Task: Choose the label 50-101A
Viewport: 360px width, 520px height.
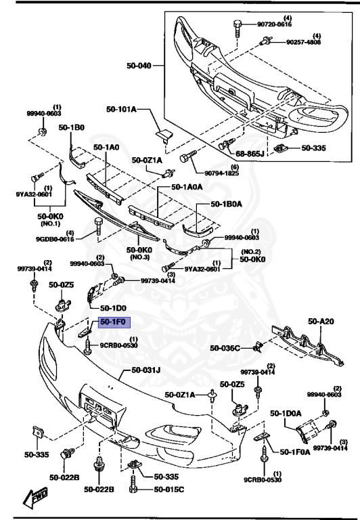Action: coord(120,109)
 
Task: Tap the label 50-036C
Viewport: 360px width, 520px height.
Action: coord(225,348)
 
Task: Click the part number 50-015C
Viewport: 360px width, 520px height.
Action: coord(167,489)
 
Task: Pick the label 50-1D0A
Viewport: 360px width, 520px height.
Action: coord(286,412)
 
